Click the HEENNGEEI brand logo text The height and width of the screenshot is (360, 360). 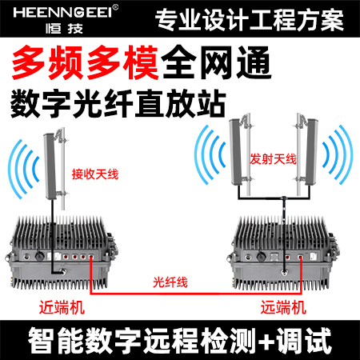[62, 13]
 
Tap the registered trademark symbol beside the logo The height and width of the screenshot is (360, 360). [115, 7]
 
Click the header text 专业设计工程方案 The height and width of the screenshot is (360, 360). [250, 20]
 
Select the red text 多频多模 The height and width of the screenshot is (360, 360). [86, 62]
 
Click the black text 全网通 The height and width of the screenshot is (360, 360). [216, 62]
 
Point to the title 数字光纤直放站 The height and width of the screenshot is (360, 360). [118, 103]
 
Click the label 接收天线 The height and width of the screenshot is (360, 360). [95, 174]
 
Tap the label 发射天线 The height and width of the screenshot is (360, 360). [273, 159]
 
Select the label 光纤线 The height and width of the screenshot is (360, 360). [170, 282]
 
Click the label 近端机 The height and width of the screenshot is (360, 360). [62, 307]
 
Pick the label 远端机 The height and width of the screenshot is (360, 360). [283, 307]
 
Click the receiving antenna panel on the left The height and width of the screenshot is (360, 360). [50, 166]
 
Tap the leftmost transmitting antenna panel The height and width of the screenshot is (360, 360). [236, 152]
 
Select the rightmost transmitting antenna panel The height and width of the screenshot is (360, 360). [311, 152]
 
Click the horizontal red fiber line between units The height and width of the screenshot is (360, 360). [196, 294]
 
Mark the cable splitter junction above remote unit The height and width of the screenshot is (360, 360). [284, 198]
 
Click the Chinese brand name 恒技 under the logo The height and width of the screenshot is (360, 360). [64, 29]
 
